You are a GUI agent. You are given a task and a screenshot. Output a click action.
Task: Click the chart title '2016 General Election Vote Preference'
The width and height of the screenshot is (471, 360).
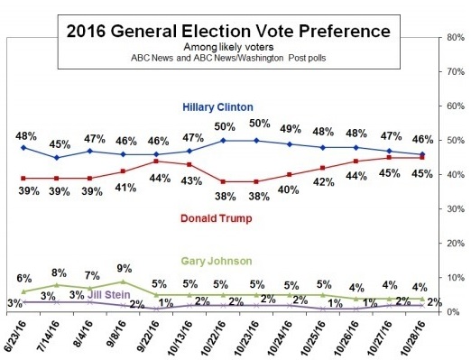[x=228, y=31]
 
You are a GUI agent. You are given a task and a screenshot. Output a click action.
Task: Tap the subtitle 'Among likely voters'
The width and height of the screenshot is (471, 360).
[x=228, y=47]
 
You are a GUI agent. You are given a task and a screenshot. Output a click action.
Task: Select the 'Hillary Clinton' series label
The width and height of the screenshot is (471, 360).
[x=217, y=107]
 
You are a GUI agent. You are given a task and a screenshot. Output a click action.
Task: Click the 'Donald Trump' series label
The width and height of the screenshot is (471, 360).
[x=217, y=218]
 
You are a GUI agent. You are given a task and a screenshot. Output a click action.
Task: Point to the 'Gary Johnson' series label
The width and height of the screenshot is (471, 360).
[x=217, y=261]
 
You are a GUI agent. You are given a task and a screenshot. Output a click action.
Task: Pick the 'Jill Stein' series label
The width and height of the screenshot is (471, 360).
[x=109, y=294]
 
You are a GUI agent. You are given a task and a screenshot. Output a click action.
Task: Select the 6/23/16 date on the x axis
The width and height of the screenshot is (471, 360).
[x=15, y=334]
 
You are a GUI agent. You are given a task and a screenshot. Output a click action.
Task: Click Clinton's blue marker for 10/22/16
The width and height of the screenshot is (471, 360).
[x=223, y=141]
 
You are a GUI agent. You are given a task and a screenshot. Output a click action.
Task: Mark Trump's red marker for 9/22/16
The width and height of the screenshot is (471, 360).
[x=156, y=162]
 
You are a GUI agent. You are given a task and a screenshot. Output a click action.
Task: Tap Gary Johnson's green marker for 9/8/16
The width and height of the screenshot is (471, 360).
[x=123, y=282]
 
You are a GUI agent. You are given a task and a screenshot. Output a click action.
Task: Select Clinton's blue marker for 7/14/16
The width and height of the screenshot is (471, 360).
[x=57, y=158]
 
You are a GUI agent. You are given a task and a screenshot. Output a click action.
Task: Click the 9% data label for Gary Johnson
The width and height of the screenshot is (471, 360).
[x=125, y=268]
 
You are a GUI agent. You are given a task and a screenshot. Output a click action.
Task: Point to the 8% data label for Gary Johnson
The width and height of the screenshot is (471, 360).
[x=59, y=273]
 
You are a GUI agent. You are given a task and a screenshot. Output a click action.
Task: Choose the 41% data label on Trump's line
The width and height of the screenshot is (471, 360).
[x=126, y=188]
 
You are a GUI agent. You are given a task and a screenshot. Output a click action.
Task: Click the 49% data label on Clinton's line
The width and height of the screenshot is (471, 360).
[x=291, y=129]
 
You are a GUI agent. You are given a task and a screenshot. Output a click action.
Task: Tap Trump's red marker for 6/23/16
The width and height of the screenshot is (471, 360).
[x=23, y=179]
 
